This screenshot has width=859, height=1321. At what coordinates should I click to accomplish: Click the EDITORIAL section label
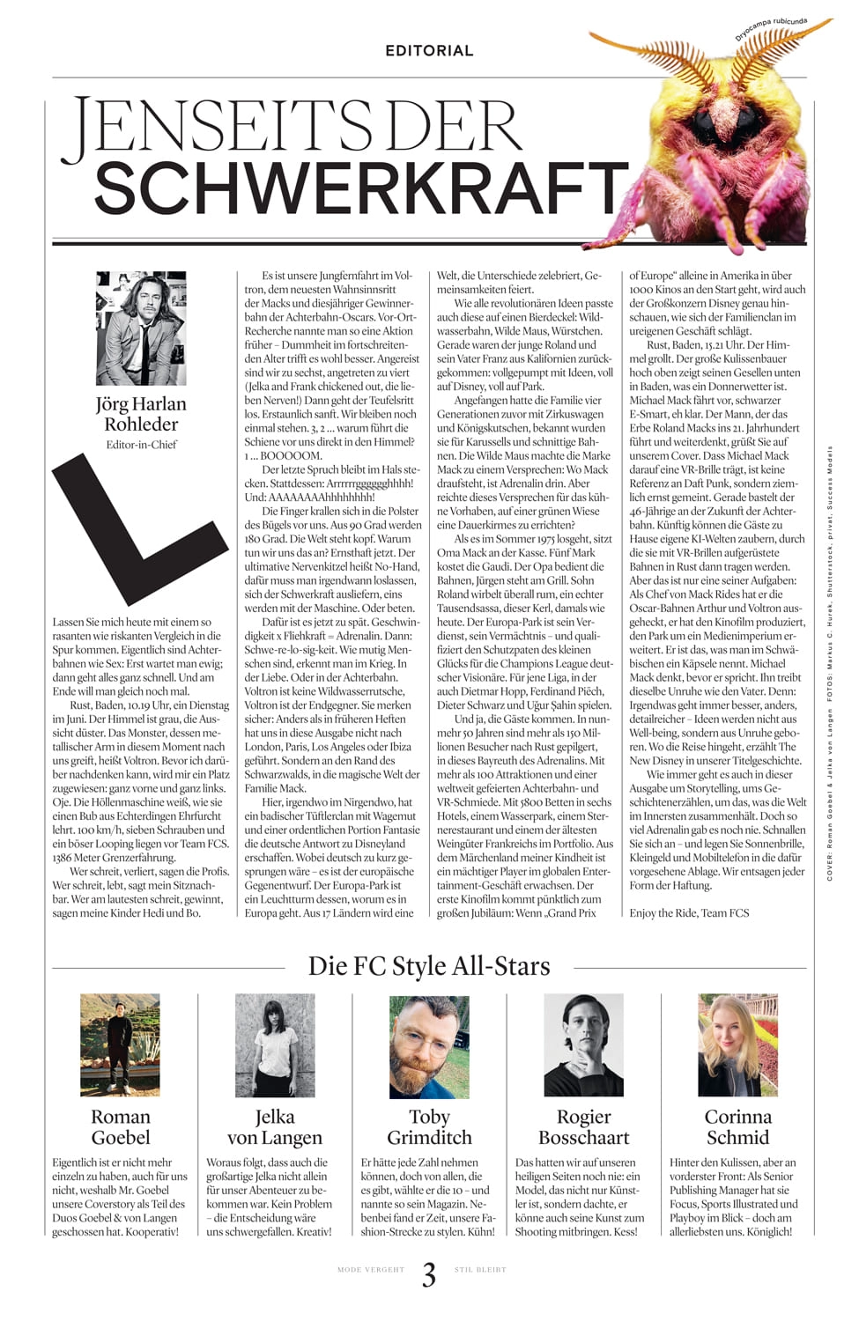coord(429,50)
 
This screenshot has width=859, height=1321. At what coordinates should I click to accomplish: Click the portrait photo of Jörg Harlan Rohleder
coord(141,328)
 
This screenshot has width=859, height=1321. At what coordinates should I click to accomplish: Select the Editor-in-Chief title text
coord(141,445)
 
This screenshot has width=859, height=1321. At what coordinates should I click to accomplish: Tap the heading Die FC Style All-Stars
coord(429,966)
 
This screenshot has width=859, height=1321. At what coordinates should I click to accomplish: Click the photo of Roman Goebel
coord(121,1044)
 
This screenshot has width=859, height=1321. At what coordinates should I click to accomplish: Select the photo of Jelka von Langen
coord(275,1044)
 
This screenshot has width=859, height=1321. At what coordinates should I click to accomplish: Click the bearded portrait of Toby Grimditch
coord(429,1044)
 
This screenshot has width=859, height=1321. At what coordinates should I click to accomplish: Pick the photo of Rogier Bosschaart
coord(583,1044)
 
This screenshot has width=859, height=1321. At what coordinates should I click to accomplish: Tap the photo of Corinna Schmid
coord(737,1044)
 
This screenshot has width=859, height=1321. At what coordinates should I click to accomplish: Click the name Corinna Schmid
coord(737,1126)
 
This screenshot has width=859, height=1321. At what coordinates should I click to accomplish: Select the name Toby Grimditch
coord(429,1126)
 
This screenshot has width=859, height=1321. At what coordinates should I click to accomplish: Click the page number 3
coord(429,1274)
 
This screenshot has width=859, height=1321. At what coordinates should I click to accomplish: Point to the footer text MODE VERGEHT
coord(371,1270)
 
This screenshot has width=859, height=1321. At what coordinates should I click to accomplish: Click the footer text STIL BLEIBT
coord(480,1270)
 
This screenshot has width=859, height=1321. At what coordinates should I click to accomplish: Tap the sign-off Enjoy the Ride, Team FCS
coord(689,912)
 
